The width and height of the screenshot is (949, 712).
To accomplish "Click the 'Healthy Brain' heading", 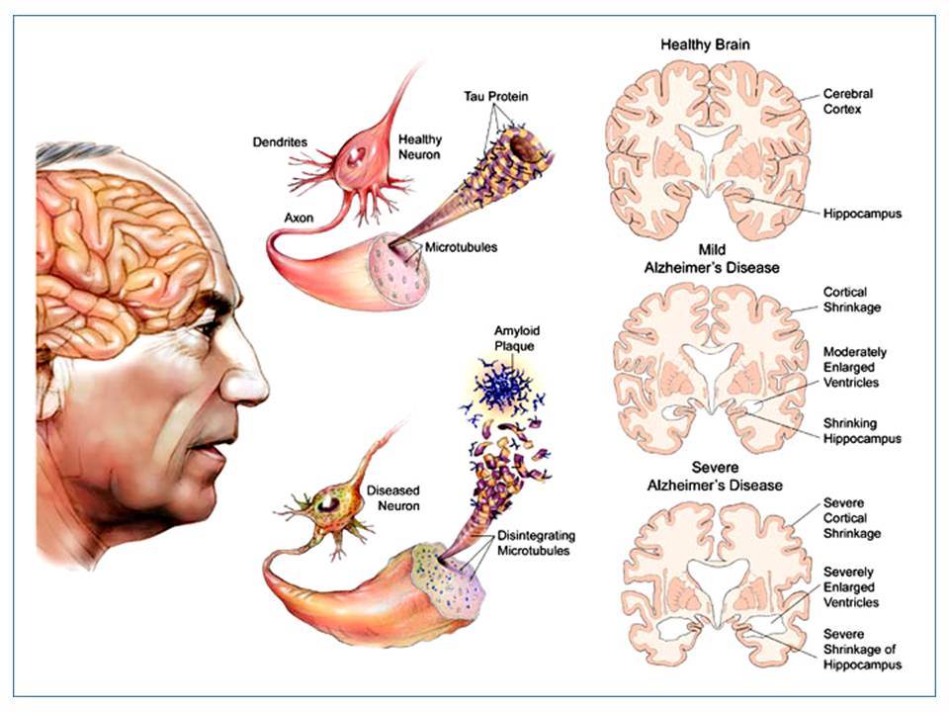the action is click(x=705, y=44).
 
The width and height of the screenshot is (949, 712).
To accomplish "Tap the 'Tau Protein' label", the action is click(x=495, y=96).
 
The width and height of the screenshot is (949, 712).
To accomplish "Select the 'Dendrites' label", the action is click(x=280, y=142).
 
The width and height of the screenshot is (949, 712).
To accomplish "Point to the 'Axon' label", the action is click(x=299, y=218).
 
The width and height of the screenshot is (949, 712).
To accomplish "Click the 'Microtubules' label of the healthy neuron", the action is click(x=461, y=247).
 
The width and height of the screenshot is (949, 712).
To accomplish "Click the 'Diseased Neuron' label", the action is click(x=393, y=497).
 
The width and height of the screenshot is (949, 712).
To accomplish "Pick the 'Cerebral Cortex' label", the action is click(x=848, y=102).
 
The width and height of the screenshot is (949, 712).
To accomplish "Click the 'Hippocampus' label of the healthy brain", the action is click(x=862, y=214).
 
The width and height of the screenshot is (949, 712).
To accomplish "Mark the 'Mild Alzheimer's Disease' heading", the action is click(x=712, y=258).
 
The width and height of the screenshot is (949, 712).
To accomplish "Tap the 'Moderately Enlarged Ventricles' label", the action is click(x=854, y=368).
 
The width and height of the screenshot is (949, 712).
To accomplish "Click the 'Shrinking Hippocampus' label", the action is click(x=862, y=431).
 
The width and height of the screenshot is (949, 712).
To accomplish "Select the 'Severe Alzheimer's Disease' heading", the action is click(x=715, y=477).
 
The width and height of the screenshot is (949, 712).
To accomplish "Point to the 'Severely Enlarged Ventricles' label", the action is click(x=850, y=587).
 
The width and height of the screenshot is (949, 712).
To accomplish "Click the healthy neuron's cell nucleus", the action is click(x=357, y=156).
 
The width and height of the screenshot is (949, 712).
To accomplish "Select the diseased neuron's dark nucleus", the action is click(x=330, y=503).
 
